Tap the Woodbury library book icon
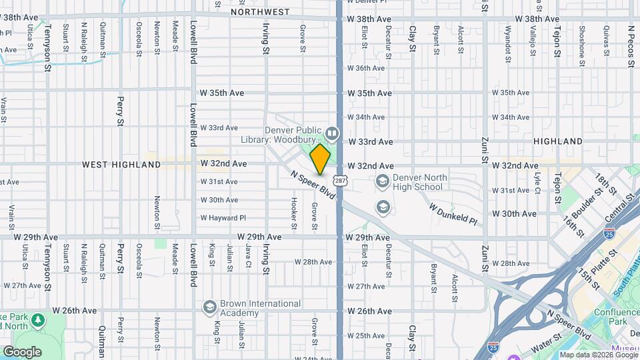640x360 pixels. click(x=332, y=133)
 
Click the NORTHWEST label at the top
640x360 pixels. click(x=260, y=12)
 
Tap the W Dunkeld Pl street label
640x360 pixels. click(x=453, y=214)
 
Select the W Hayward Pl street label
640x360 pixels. click(x=223, y=218)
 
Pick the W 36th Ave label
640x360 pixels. click(x=366, y=68)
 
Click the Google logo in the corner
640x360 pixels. click(x=22, y=351)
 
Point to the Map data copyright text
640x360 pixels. click(x=598, y=355)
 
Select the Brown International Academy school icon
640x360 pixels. click(x=209, y=307)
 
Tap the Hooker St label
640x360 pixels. click(x=294, y=209)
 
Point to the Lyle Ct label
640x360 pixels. click(x=537, y=181)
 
